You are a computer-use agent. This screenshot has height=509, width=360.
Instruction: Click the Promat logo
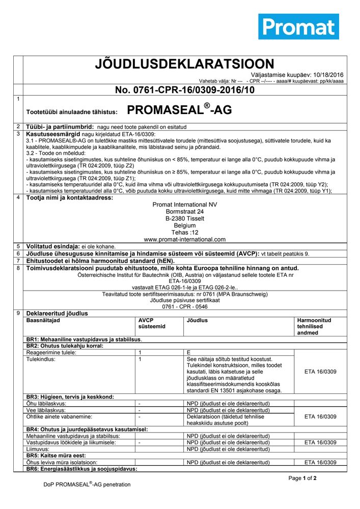(298, 27)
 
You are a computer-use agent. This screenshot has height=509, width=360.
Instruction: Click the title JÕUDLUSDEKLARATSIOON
(185, 64)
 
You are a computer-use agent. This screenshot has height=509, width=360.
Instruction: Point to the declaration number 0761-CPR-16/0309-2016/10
(185, 91)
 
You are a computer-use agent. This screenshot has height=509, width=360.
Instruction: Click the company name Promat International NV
(185, 205)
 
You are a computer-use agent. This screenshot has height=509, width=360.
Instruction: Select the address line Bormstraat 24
(185, 212)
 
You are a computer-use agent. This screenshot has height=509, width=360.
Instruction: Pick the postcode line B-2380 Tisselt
(185, 218)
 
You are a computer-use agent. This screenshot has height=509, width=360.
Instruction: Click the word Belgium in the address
(185, 225)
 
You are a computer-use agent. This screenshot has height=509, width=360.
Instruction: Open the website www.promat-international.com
(185, 239)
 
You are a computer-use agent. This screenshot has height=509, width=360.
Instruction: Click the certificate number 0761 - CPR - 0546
(185, 307)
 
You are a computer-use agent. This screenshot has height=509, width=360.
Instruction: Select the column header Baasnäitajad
(43, 321)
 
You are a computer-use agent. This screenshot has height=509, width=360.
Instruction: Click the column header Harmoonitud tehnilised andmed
(314, 326)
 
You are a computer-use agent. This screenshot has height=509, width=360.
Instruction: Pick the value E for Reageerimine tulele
(188, 352)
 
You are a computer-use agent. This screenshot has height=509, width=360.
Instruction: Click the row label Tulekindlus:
(41, 359)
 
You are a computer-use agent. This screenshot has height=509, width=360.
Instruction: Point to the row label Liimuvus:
(39, 449)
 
